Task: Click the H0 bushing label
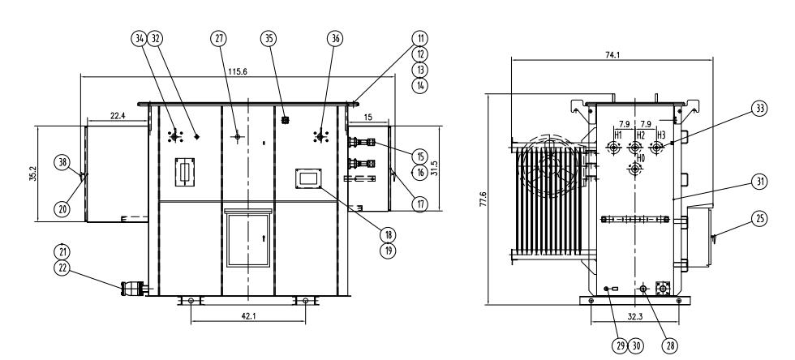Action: pyautogui.click(x=640, y=160)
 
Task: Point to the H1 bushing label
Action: pyautogui.click(x=617, y=134)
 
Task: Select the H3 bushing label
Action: pyautogui.click(x=661, y=134)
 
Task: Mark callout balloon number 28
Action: pyautogui.click(x=671, y=344)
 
